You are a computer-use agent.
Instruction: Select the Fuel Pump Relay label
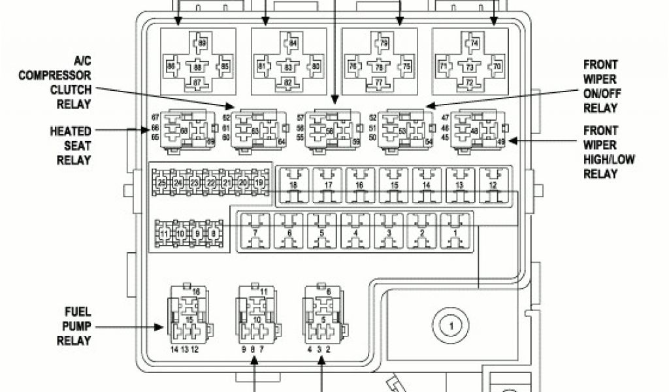74,325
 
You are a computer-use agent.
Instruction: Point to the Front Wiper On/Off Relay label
600,86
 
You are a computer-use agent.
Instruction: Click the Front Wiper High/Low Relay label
608,152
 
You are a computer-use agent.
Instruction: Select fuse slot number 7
255,231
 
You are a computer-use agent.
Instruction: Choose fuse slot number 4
355,231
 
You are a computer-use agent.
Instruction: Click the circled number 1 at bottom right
448,325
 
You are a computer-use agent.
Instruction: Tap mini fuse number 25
161,183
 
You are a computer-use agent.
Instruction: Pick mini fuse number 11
165,233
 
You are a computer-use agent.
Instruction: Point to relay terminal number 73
469,67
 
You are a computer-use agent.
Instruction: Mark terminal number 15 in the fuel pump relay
189,318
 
